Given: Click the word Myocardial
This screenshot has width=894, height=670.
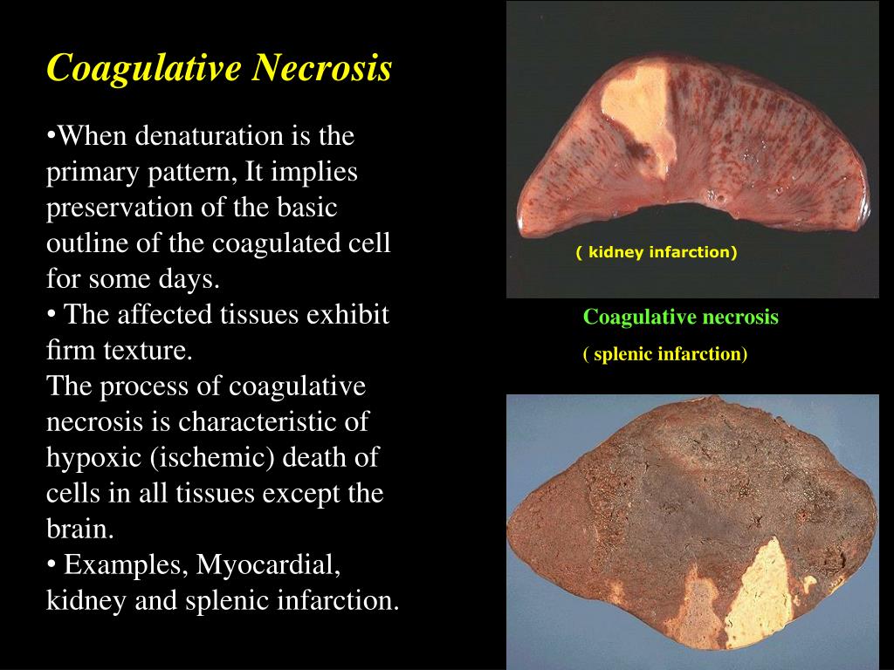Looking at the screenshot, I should (267, 565).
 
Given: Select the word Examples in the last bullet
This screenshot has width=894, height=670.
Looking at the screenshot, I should (121, 565).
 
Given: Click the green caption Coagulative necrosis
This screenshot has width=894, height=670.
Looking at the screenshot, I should (680, 317).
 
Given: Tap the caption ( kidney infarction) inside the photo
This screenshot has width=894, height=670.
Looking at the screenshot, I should (657, 253).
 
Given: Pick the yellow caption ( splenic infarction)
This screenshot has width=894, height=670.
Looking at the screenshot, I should (665, 354).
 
